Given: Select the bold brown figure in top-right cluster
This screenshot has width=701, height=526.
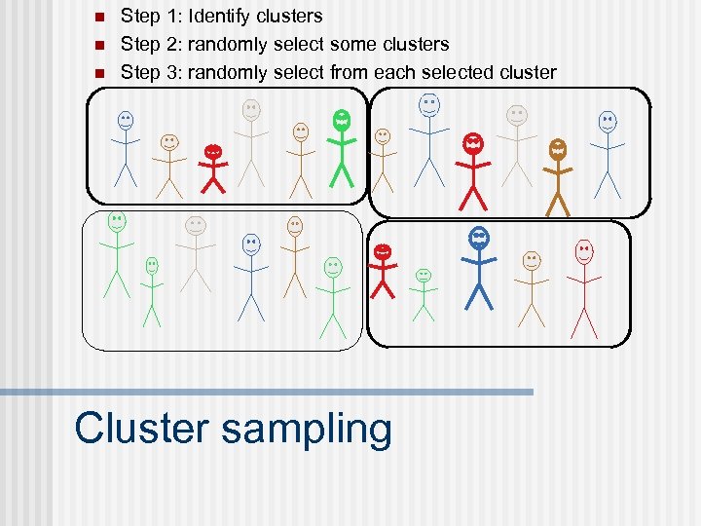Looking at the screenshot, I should pyautogui.click(x=558, y=175).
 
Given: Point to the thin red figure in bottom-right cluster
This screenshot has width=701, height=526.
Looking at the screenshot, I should pyautogui.click(x=584, y=286).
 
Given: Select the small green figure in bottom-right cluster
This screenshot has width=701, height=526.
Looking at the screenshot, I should pyautogui.click(x=423, y=293).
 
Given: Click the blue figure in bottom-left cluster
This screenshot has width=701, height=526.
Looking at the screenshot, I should pyautogui.click(x=251, y=277).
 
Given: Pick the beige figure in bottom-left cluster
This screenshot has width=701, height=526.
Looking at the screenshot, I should pyautogui.click(x=196, y=252).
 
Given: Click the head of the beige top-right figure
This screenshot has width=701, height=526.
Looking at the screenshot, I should pyautogui.click(x=516, y=115).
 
